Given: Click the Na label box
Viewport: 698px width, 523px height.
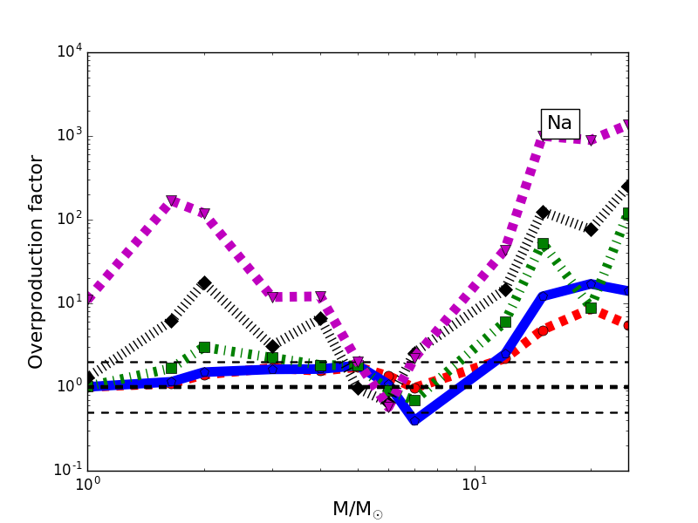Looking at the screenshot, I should (x=559, y=123).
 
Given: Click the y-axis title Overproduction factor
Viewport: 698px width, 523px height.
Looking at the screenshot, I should (x=36, y=261).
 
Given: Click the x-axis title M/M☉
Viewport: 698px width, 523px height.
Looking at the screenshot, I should (x=357, y=510).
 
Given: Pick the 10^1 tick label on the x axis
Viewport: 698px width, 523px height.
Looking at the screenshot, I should (x=474, y=485).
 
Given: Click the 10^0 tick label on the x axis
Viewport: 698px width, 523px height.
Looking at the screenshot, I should (x=87, y=485).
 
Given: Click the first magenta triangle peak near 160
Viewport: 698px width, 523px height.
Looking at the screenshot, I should (x=172, y=201).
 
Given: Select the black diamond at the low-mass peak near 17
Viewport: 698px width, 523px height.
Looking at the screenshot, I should (x=204, y=283).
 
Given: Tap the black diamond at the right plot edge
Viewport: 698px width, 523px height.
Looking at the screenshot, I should (x=627, y=187).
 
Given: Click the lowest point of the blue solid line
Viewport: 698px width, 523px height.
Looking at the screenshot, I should (x=414, y=419).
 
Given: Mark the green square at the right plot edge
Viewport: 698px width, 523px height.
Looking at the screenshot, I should (x=627, y=214).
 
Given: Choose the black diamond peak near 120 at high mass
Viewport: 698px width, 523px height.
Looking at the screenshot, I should (x=543, y=212).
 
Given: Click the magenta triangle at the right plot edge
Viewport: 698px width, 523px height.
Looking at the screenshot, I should (x=627, y=125).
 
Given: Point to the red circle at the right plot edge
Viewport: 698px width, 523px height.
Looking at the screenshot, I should (x=627, y=325).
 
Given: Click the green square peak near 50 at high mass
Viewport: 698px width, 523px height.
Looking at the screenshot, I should (x=543, y=244).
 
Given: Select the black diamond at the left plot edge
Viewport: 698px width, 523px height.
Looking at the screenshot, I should (x=88, y=378).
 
